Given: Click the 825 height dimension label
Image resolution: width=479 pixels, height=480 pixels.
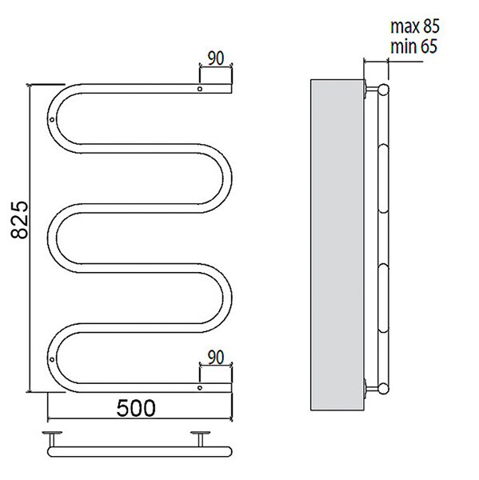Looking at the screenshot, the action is [19, 220].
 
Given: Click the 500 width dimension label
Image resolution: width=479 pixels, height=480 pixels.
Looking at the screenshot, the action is [136, 408].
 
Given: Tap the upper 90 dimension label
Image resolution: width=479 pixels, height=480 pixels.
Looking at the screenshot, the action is [216, 58].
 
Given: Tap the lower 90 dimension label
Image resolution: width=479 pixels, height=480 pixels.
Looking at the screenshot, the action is [216, 358].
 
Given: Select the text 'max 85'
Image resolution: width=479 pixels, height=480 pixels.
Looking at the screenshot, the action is [415, 26].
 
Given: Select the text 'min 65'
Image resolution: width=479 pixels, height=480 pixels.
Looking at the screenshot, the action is [413, 46].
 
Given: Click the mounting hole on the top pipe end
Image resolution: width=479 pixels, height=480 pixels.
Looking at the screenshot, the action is [200, 89].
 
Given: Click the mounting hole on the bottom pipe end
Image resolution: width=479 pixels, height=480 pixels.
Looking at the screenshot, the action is [200, 388].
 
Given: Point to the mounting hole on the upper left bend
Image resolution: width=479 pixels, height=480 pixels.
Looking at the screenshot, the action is [52, 119].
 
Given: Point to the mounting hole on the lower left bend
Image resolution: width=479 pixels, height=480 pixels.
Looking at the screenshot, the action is [52, 359].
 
